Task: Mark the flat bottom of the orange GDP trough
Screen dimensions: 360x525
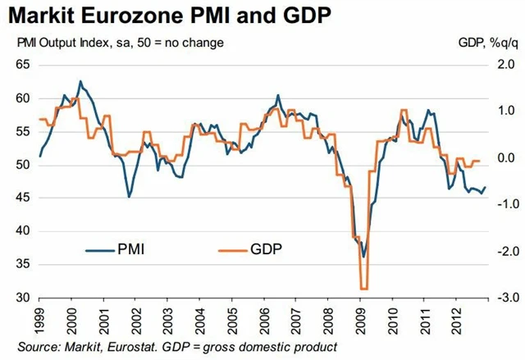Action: click(x=363, y=289)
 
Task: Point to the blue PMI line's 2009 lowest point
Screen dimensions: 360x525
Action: click(x=363, y=257)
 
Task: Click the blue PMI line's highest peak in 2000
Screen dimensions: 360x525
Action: click(x=80, y=81)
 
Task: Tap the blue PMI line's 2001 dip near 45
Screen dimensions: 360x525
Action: click(x=129, y=197)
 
